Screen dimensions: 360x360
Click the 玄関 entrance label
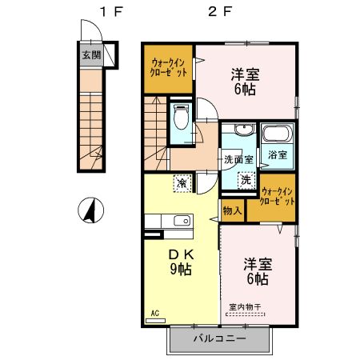pos(91,55)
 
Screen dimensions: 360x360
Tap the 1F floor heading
pos(111,11)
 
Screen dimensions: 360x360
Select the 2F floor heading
pos(220,11)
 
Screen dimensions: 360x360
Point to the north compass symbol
pos(90,210)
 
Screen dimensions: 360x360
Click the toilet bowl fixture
pos(181,117)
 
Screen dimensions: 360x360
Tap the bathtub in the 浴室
pos(278,134)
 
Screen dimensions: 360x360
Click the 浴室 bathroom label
pos(278,154)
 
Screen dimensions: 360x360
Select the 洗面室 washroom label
pos(238,159)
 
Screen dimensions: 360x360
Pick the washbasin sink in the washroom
pos(243,130)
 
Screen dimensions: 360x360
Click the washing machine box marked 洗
pos(246,180)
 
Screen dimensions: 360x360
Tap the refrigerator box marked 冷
pos(182,183)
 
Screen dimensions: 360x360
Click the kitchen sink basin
pos(182,221)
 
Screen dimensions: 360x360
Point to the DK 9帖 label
pos(181,262)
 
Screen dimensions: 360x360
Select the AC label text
pos(155,313)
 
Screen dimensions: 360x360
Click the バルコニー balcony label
pos(219,338)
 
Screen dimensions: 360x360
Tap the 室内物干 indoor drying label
pos(245,307)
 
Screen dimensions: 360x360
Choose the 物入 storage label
pos(232,210)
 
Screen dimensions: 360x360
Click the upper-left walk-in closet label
pos(168,68)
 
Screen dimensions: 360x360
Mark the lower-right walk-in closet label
pos(278,196)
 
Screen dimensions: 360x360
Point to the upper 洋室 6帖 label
pos(245,82)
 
